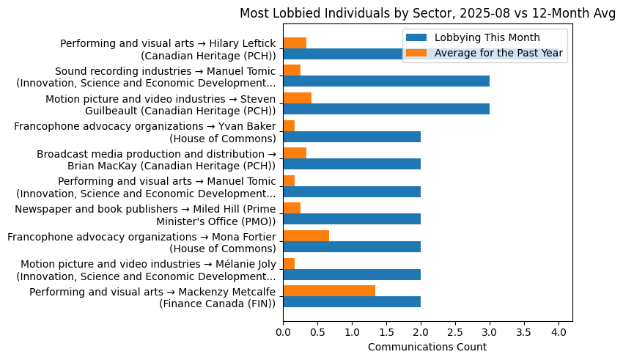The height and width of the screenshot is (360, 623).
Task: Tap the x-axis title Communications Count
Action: click(427, 346)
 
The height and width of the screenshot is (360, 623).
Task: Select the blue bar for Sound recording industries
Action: click(386, 81)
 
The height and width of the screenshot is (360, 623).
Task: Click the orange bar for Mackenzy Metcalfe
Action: click(329, 290)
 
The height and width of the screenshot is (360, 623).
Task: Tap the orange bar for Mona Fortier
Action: click(306, 235)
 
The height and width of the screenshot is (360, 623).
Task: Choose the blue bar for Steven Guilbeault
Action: click(386, 109)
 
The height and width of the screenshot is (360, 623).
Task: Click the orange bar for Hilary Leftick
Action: click(295, 43)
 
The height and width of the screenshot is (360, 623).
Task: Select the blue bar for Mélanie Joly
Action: click(352, 274)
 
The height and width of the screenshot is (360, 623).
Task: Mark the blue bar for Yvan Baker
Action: click(352, 136)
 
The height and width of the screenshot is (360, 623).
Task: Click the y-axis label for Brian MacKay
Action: click(156, 159)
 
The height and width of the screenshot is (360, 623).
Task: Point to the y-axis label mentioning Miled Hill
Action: click(146, 215)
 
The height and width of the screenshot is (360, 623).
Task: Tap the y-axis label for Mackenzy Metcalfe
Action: click(152, 297)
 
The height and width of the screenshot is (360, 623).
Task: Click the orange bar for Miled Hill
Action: click(292, 207)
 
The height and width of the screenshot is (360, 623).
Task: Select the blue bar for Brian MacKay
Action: click(352, 164)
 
